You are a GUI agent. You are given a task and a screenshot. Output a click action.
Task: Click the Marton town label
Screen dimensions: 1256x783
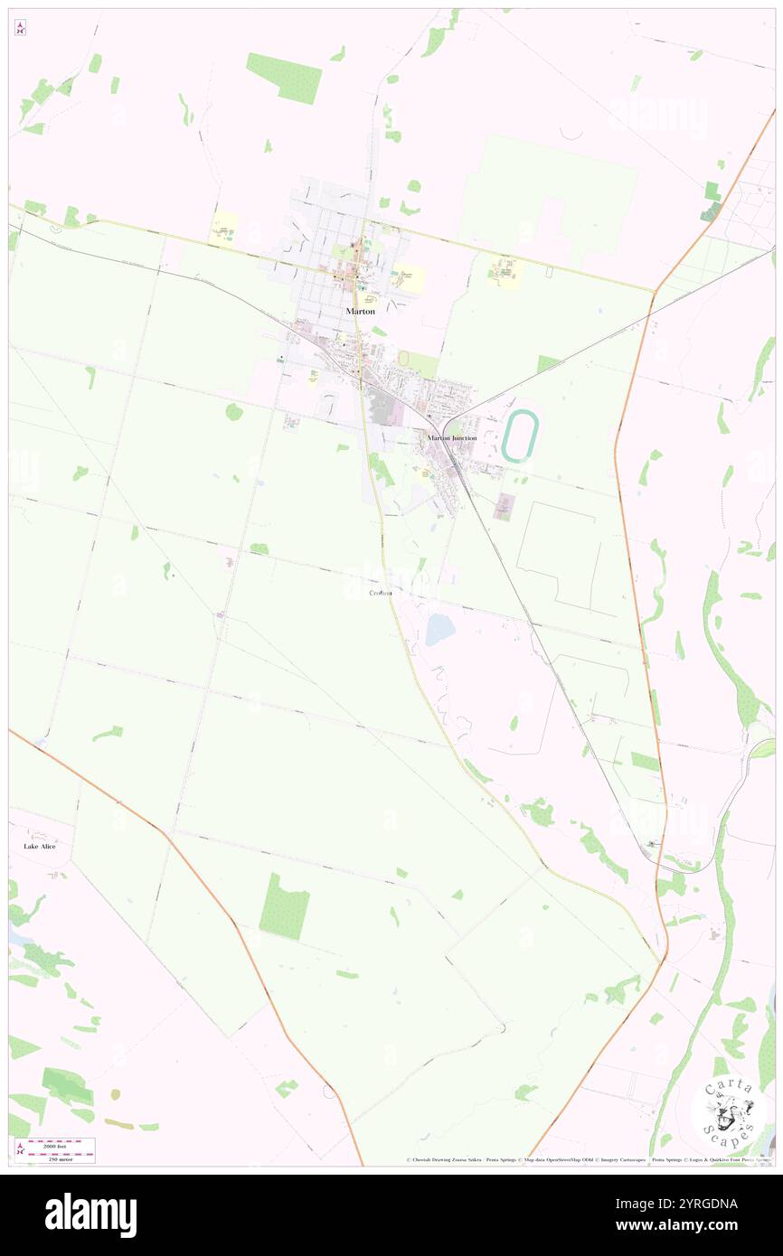[360, 311]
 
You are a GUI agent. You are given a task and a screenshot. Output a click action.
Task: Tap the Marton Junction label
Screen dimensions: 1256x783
[451, 438]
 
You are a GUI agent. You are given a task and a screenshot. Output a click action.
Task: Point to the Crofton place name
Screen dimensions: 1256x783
[381, 593]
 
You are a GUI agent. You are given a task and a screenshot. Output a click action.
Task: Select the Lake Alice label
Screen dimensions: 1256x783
[40, 847]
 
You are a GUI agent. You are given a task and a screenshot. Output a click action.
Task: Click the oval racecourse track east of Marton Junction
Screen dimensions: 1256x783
[520, 436]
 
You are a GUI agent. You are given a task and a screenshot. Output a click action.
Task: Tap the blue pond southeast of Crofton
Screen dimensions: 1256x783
[439, 629]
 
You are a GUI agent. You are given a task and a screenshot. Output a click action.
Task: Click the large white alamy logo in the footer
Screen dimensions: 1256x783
[90, 1214]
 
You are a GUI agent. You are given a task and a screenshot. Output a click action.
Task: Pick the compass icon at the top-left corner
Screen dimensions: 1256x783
[20, 27]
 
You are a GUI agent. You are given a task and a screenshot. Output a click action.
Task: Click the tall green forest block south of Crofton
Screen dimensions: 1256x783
[284, 906]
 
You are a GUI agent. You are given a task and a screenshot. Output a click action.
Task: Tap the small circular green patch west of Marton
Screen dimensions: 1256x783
[234, 412]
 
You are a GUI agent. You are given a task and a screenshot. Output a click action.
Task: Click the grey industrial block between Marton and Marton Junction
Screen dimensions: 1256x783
[387, 409]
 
